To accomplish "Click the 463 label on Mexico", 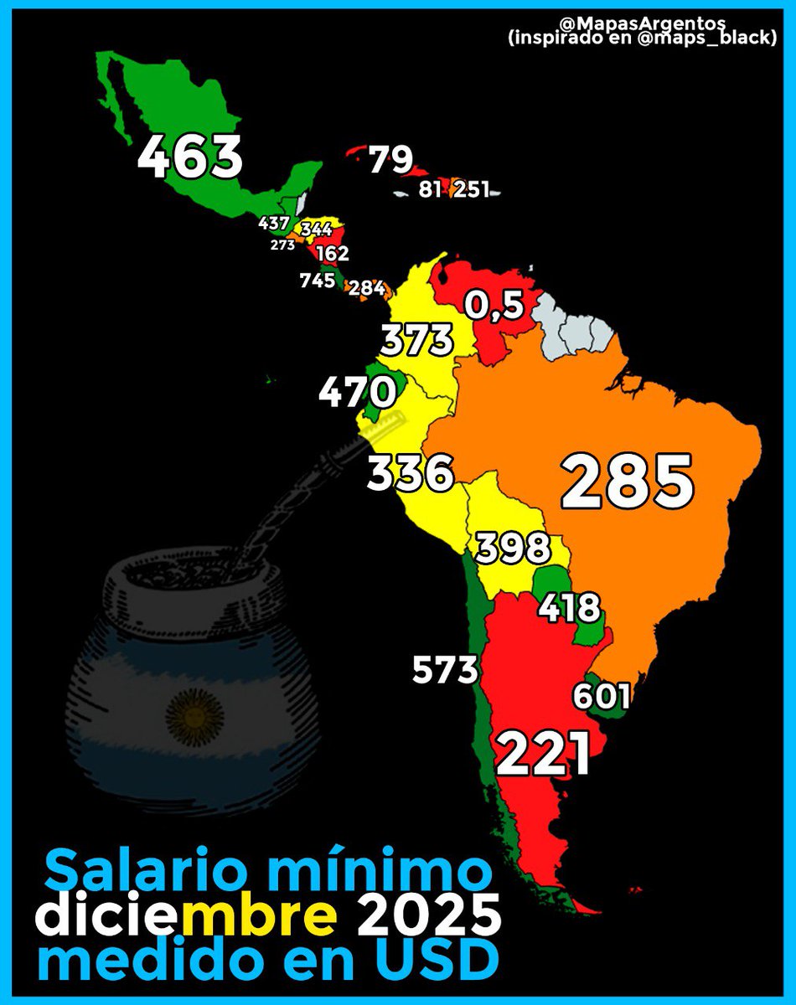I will pos(190,157).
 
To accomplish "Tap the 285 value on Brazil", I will pos(628,482).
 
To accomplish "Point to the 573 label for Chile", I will pos(445,669).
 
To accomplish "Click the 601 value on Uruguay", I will pos(602,696).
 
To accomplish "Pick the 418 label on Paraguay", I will pos(570,606).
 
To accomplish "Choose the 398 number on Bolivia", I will pos(513,549).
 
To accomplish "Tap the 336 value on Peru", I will pos(411,474).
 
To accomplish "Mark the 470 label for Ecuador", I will pos(356,391).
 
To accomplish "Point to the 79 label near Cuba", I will pos(390,159).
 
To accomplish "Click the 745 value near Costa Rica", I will pos(318,281).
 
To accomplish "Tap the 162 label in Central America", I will pos(333,253).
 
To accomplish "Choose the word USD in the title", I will pos(433,961).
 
